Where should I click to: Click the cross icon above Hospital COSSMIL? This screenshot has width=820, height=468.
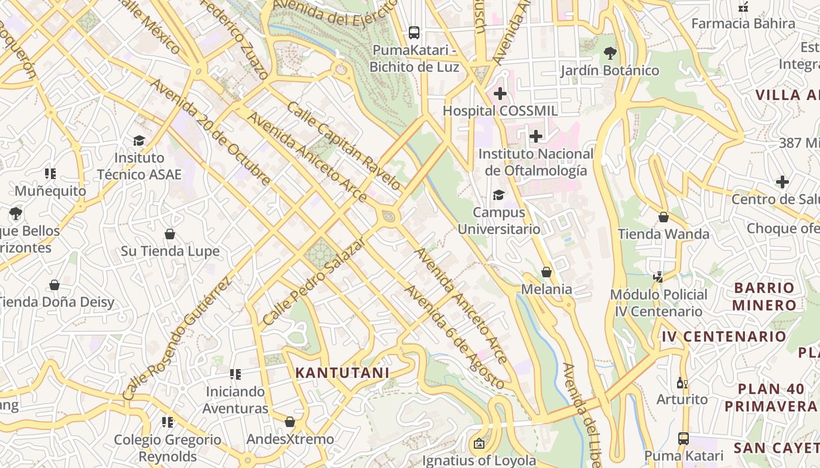pos(500,94)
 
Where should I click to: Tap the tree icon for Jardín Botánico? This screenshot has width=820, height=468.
pos(610,53)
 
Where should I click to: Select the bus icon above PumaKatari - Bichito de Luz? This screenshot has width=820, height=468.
pos(414,33)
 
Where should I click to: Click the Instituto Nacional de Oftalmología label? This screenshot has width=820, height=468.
pos(535,162)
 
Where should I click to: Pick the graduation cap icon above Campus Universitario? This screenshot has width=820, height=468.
pos(498,195)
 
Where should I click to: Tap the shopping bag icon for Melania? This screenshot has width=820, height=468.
pos(546,272)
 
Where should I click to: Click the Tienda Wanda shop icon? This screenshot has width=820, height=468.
pos(664,217)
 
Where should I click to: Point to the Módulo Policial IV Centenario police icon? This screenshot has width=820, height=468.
pos(658,277)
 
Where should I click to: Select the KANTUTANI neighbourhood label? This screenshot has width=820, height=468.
pos(342,373)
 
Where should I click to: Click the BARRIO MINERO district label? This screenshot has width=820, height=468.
pos(764,296)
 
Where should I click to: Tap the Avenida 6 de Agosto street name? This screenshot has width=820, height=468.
pos(454,338)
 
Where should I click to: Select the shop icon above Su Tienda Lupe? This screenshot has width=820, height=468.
pos(170,235)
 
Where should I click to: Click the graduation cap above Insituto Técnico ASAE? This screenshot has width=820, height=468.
pos(139,140)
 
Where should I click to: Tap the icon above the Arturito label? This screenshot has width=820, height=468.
pos(682,383)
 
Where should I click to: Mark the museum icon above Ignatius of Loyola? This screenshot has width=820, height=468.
pos(479,444)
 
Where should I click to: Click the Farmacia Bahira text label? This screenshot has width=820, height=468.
pos(743,23)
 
